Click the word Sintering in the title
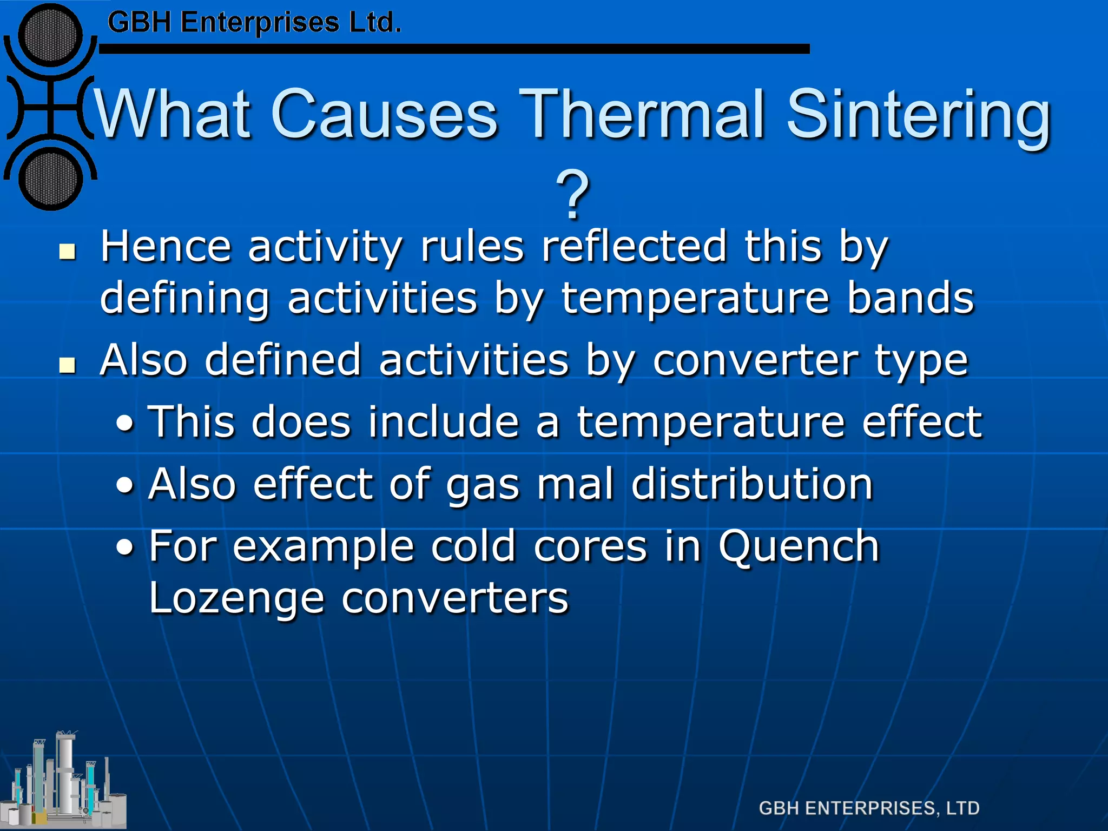click(x=918, y=115)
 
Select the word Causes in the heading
click(x=384, y=115)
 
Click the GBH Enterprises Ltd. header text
click(x=254, y=23)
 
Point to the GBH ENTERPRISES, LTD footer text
click(x=869, y=808)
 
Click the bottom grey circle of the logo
click(x=50, y=179)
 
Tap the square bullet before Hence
click(x=68, y=252)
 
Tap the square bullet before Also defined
click(x=68, y=366)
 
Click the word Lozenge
click(x=236, y=598)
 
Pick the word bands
click(x=910, y=298)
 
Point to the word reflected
click(x=634, y=246)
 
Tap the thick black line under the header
click(x=454, y=49)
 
